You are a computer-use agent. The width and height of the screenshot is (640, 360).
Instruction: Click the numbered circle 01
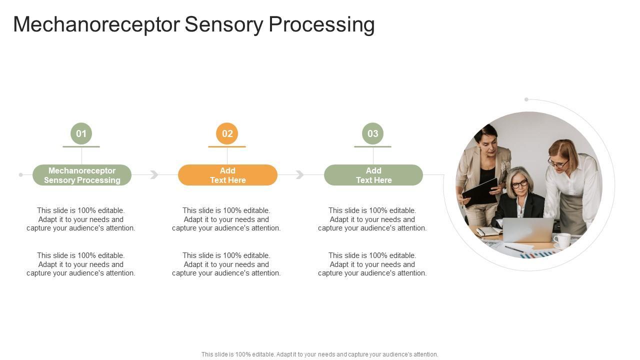tap(81, 133)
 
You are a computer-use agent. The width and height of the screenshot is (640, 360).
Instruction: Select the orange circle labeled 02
tap(227, 133)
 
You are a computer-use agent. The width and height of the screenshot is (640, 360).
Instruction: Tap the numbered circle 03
tap(373, 133)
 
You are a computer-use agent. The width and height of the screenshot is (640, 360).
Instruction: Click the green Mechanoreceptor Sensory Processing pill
tap(82, 175)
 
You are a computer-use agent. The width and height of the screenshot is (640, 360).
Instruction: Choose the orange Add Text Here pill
tap(227, 175)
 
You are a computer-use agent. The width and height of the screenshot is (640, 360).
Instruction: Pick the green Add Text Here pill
tap(373, 175)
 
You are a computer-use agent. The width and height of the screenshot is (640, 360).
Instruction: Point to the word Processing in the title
tap(321, 24)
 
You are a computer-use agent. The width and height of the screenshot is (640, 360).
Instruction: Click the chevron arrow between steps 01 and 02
tap(154, 174)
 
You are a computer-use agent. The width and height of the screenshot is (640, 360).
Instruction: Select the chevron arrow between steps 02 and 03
tap(300, 174)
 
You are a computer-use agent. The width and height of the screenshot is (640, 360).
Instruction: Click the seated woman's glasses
tap(519, 184)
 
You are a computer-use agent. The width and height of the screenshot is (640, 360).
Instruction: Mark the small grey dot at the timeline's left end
tap(20, 174)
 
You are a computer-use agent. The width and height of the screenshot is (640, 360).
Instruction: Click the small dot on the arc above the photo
tap(526, 99)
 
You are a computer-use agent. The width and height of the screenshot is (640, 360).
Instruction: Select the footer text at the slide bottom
tap(320, 354)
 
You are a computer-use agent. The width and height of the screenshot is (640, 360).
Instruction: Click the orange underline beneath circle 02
tap(227, 146)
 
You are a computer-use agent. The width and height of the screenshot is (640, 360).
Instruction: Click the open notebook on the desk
tap(488, 231)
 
